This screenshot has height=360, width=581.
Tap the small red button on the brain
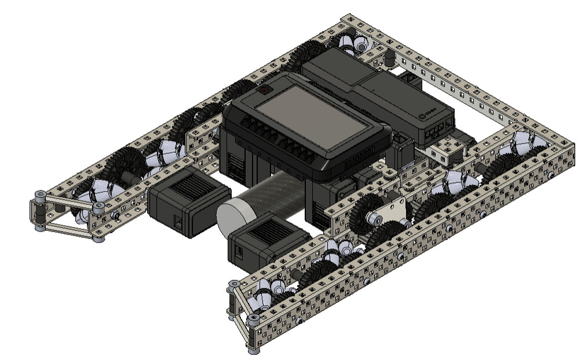[x=265, y=90]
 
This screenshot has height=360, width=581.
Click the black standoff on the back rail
[x=390, y=57]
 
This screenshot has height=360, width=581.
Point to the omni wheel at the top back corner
[x=353, y=43]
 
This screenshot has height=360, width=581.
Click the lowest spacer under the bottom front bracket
[x=253, y=350]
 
